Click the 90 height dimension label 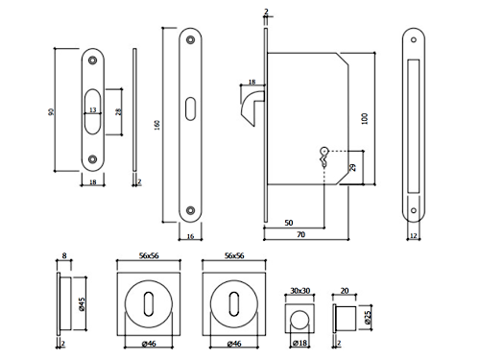click(x=51, y=112)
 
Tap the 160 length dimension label click(x=156, y=125)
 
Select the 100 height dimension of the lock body click(x=364, y=118)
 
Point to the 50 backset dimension click(x=289, y=223)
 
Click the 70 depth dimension click(x=300, y=234)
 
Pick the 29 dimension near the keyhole click(x=352, y=167)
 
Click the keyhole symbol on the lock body click(x=324, y=156)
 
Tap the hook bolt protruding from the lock click(x=252, y=108)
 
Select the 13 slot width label click(x=92, y=109)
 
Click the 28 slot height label click(x=119, y=111)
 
